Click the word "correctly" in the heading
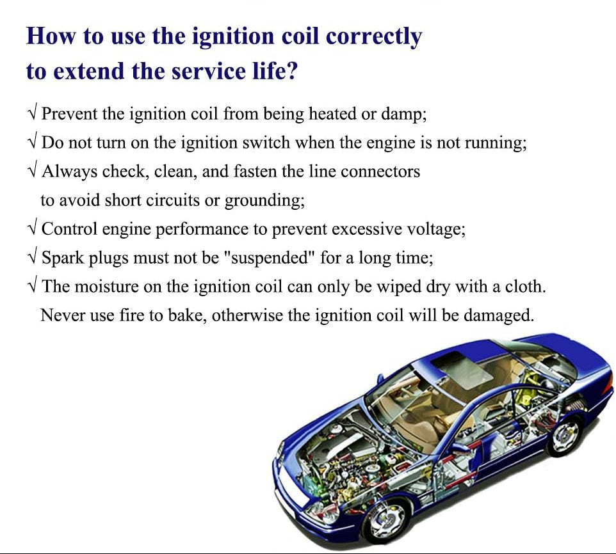(x=373, y=37)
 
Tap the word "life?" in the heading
(x=274, y=72)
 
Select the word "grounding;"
(x=264, y=201)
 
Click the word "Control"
(x=69, y=229)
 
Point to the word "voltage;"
(x=435, y=230)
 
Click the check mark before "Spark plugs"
(x=33, y=257)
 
